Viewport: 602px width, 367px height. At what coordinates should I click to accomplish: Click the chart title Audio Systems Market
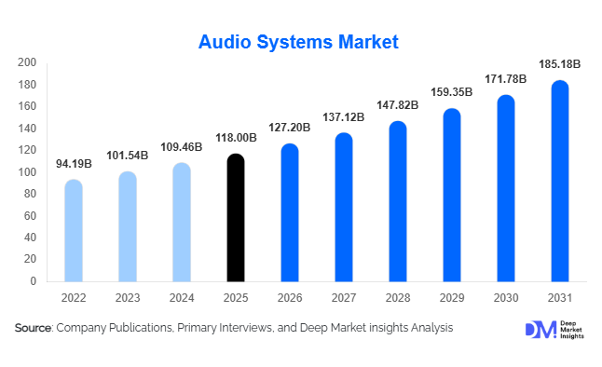[x=299, y=42]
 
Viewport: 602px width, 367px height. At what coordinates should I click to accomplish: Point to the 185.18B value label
[x=560, y=65]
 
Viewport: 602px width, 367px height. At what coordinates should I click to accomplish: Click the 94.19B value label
[x=74, y=164]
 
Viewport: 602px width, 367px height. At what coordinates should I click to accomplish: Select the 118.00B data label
[x=236, y=139]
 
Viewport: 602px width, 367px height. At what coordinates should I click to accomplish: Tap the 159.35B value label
[x=452, y=93]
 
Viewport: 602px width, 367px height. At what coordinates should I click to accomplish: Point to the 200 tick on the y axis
[x=27, y=63]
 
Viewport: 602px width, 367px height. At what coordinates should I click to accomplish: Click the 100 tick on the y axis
[x=27, y=172]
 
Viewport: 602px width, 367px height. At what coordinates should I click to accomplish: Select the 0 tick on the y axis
[x=33, y=281]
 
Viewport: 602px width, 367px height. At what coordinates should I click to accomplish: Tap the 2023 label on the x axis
[x=128, y=299]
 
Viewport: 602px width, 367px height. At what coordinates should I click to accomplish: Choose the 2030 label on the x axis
[x=506, y=299]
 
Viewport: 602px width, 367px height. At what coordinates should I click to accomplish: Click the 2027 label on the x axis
[x=344, y=299]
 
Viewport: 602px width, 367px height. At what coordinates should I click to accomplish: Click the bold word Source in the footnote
[x=34, y=328]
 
